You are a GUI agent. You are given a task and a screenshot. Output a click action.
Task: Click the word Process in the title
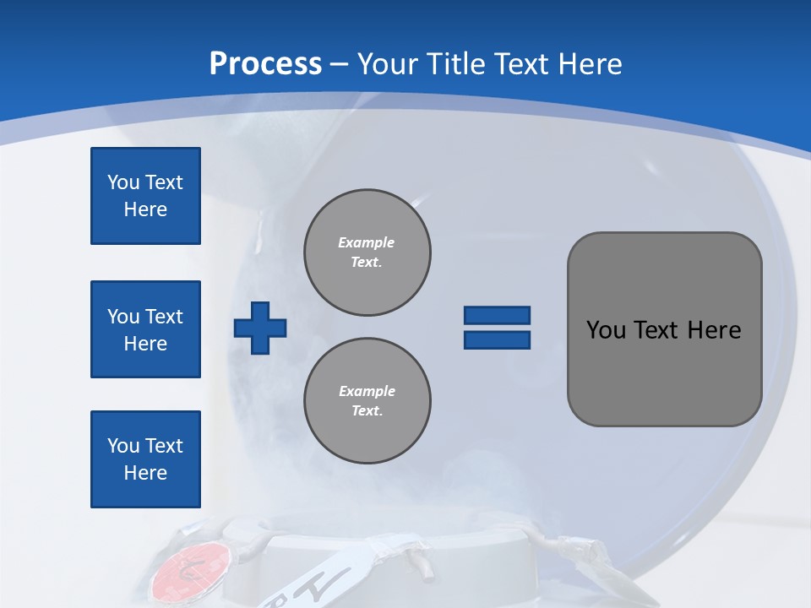click(265, 64)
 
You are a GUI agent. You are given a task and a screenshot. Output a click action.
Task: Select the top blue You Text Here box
click(145, 196)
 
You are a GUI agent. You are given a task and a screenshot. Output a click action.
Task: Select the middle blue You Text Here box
click(145, 329)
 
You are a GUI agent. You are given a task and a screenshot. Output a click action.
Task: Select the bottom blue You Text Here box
click(145, 459)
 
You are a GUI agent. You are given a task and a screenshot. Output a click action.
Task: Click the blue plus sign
click(260, 328)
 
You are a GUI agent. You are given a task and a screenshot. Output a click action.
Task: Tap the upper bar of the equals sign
click(497, 315)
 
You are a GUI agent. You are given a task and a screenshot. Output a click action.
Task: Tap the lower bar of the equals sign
click(497, 339)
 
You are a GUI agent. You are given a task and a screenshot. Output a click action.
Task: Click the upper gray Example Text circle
click(367, 252)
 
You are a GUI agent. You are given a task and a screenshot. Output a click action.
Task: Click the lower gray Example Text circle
click(367, 401)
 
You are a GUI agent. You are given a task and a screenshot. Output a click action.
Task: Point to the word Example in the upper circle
click(367, 242)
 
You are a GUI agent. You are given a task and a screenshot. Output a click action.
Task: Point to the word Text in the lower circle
click(366, 411)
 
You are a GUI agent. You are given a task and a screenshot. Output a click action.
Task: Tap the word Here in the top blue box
click(145, 209)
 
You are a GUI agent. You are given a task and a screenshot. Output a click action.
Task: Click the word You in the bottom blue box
click(123, 446)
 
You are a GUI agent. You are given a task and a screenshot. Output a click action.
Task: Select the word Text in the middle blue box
click(164, 317)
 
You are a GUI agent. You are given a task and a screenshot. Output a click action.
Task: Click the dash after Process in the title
click(339, 64)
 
